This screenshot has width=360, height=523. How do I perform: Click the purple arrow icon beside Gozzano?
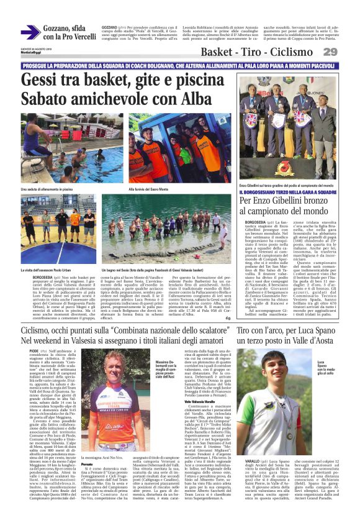pyautogui.click(x=30, y=33)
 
